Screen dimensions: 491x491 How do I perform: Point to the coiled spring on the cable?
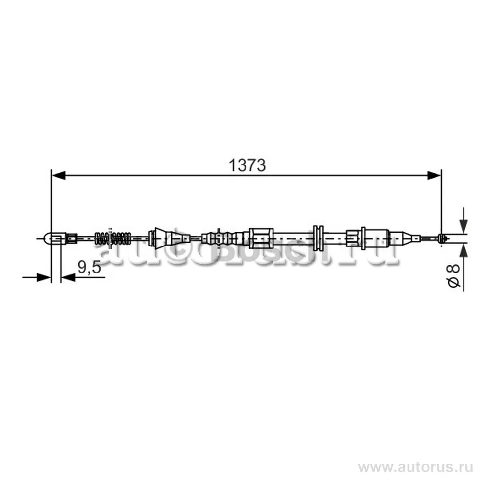(x=113, y=238)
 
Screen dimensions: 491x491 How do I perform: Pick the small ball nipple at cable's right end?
(x=443, y=239)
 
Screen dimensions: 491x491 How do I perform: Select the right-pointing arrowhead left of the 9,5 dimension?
(x=45, y=277)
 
